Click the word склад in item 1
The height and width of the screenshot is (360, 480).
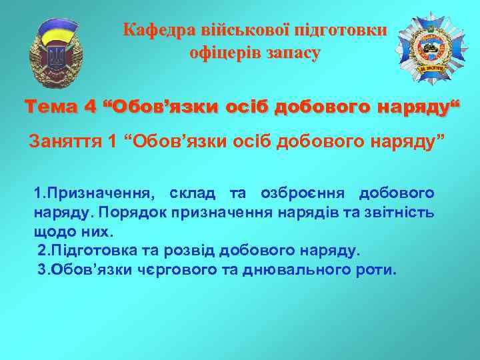coord(193,193)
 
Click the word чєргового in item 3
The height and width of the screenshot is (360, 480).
coord(167,271)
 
